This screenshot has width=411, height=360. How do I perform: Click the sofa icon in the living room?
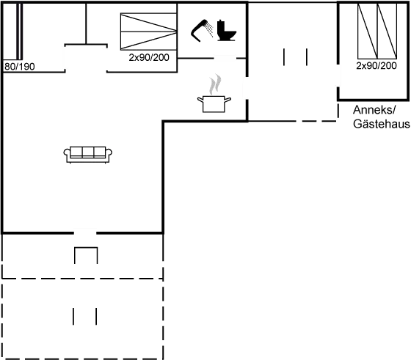(x=88, y=155)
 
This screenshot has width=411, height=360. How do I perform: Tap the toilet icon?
(x=227, y=31)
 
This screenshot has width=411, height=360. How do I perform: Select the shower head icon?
(x=201, y=30)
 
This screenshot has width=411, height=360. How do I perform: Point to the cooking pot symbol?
(x=214, y=104)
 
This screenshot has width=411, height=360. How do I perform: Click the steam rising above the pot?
(x=215, y=84)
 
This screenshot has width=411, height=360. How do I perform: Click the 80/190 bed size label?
(x=20, y=67)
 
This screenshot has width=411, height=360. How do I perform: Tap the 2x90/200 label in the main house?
(x=149, y=58)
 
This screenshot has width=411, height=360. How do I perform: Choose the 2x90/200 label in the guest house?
(x=377, y=66)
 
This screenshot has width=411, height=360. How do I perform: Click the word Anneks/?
(x=374, y=110)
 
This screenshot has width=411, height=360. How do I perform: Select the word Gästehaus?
(x=382, y=124)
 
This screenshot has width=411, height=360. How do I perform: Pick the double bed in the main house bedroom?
(x=148, y=32)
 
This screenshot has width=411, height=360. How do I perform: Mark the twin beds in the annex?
(x=377, y=31)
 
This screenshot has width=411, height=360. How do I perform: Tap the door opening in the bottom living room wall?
(x=85, y=232)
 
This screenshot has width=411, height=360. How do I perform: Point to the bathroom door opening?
(x=225, y=58)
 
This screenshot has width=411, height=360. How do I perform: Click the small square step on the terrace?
(x=86, y=255)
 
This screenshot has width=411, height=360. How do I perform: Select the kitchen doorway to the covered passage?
(x=247, y=88)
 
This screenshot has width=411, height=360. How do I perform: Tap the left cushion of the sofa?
(x=76, y=152)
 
